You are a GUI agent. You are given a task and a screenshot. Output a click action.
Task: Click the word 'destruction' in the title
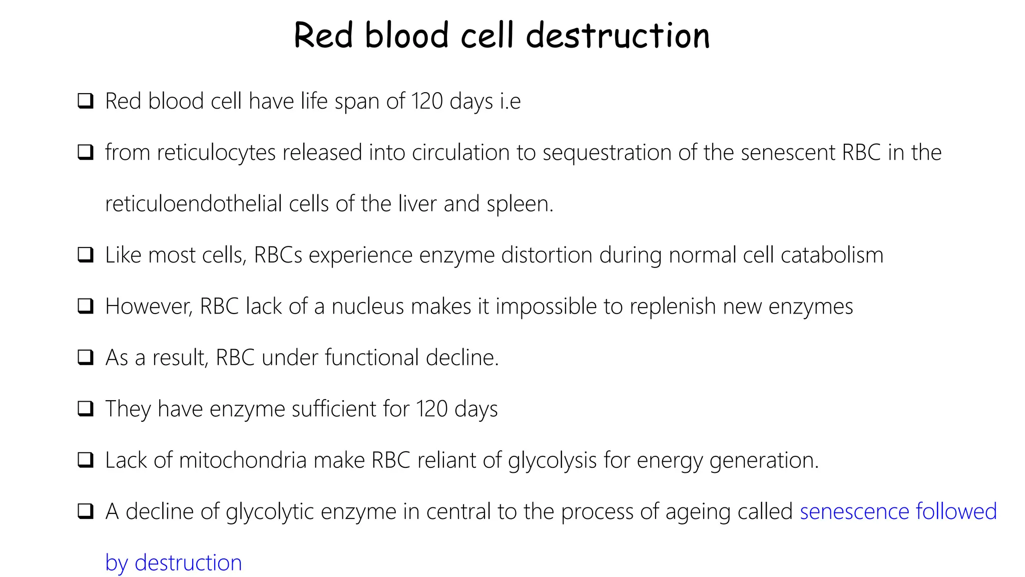[618, 36]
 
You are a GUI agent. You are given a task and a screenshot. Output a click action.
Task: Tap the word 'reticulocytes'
[216, 153]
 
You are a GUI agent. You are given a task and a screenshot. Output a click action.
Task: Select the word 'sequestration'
[607, 153]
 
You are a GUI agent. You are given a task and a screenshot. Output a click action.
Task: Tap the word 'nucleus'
[367, 307]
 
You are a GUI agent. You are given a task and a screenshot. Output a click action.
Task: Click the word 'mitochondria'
[242, 460]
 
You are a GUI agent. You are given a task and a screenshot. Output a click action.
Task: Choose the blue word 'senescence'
[854, 512]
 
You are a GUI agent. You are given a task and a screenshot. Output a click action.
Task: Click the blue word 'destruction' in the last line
[188, 563]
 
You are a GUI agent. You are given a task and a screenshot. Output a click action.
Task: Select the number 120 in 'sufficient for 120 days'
[432, 409]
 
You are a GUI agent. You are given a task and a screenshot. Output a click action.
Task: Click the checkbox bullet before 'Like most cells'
[86, 255]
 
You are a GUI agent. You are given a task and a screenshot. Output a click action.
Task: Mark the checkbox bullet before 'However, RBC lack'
[86, 306]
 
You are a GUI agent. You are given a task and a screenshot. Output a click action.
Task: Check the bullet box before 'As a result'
[86, 358]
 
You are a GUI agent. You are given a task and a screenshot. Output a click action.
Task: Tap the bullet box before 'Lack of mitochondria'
[86, 460]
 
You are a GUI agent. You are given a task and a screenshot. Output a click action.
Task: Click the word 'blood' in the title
[406, 36]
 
